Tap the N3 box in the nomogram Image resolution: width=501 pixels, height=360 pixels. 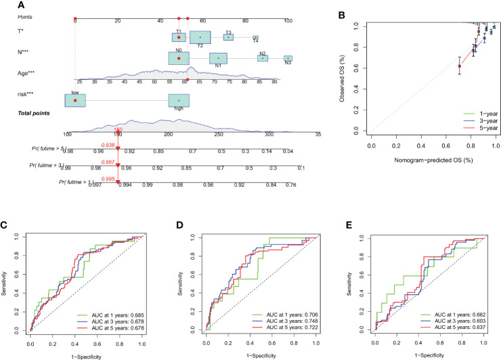coord(288,59)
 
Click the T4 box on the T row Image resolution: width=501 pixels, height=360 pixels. coord(256,38)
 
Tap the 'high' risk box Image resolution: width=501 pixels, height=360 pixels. coord(179,101)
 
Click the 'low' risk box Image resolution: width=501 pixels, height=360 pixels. coord(75,100)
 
